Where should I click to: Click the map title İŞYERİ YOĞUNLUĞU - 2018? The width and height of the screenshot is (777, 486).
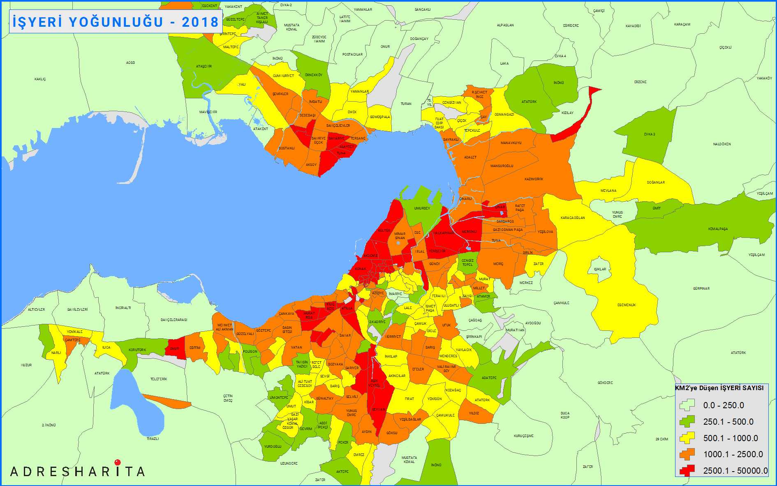(116, 22)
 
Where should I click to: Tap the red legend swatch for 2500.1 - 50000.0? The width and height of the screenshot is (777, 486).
(687, 470)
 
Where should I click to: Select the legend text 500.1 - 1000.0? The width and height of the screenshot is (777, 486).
(730, 438)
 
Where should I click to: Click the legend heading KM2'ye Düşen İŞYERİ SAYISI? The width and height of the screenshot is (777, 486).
(719, 388)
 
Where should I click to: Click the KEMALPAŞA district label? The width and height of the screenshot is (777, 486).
(718, 229)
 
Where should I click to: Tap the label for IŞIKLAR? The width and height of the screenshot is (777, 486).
(600, 269)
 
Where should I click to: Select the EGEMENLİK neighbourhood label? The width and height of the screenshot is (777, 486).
(627, 305)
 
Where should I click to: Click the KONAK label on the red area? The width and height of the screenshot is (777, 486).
(361, 269)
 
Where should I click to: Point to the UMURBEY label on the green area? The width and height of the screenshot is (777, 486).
(422, 208)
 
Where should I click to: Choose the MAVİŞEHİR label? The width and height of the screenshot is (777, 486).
(208, 112)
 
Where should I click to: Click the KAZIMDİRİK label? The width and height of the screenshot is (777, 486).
(534, 179)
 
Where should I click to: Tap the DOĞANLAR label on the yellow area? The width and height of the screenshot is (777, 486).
(656, 182)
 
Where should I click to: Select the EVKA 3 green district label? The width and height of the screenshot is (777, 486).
(650, 134)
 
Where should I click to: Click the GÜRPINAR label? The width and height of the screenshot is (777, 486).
(701, 288)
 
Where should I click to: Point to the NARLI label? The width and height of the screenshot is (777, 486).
(56, 353)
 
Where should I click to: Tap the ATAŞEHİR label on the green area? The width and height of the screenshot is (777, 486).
(204, 66)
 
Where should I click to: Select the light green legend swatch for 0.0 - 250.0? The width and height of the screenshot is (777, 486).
(687, 405)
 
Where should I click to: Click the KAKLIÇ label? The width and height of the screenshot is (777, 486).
(40, 79)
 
